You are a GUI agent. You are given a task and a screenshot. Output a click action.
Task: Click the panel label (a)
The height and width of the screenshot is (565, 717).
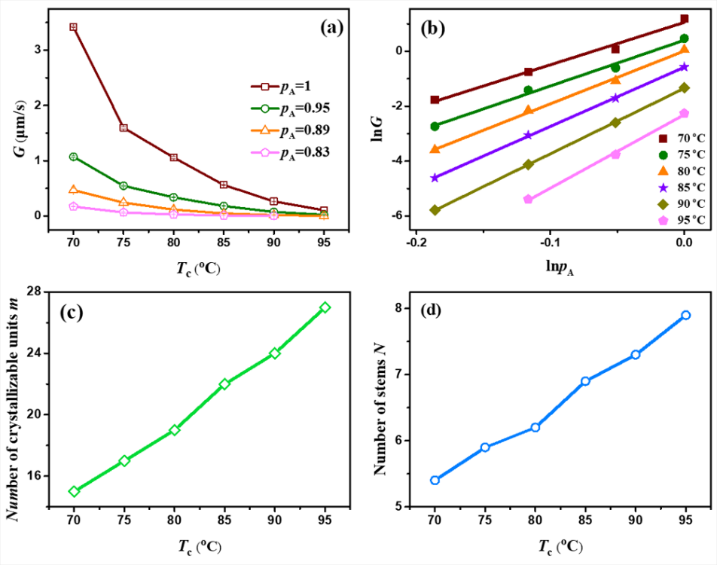(331, 28)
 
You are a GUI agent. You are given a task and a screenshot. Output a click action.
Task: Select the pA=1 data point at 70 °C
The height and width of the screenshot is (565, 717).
(73, 27)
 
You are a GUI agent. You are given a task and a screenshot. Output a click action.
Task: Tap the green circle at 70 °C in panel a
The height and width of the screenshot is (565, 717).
(73, 157)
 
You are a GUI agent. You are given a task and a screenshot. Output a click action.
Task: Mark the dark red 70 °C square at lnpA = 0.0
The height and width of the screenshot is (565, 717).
(684, 19)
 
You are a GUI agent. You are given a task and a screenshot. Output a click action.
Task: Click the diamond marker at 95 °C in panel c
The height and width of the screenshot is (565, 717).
(325, 307)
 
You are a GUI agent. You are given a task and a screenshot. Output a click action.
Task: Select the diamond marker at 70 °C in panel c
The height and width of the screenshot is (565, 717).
(74, 491)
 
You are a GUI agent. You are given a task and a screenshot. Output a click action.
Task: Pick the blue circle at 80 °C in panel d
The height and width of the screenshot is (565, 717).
(535, 427)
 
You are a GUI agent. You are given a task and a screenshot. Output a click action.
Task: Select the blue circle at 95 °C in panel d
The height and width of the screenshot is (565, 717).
(685, 315)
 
